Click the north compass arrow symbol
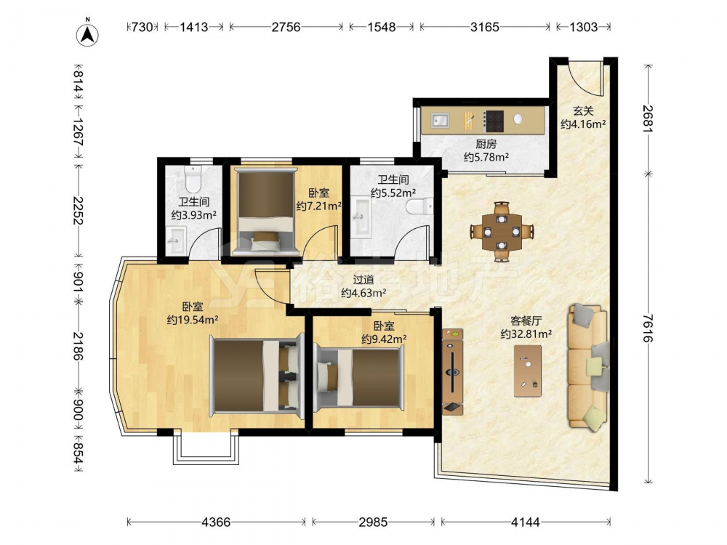coord(87,33)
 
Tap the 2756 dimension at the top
coord(286,27)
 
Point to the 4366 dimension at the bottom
coord(216,522)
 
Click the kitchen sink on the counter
coord(440,121)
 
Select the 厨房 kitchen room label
coord(486,145)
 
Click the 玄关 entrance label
coord(583,111)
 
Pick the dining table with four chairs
coord(502,231)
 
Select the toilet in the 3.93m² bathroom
coord(192,179)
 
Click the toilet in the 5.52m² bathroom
coord(419,206)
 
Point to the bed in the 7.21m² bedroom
coord(265,211)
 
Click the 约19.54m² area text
coord(193,320)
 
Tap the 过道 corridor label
coord(363,280)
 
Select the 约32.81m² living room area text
coord(526,334)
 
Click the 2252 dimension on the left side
coord(78,211)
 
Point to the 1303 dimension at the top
coord(583,27)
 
